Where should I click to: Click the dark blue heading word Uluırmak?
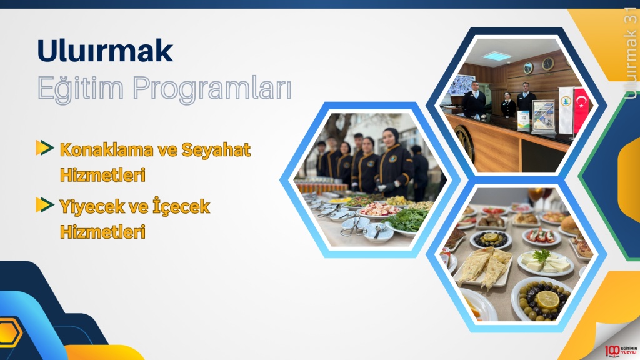[105, 51]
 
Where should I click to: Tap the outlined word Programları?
[212, 89]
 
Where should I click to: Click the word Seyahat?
[216, 150]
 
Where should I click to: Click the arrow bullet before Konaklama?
[45, 147]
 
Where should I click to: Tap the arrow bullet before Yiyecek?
[45, 205]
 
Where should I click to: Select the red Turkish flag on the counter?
[581, 110]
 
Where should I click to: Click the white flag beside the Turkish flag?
[565, 109]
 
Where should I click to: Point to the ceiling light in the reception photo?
[496, 56]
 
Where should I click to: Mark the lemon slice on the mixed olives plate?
[547, 299]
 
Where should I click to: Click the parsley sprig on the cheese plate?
[542, 256]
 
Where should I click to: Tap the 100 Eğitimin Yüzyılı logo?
[621, 351]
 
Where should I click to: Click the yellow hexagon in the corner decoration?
[8, 333]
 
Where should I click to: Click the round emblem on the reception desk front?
[464, 143]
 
